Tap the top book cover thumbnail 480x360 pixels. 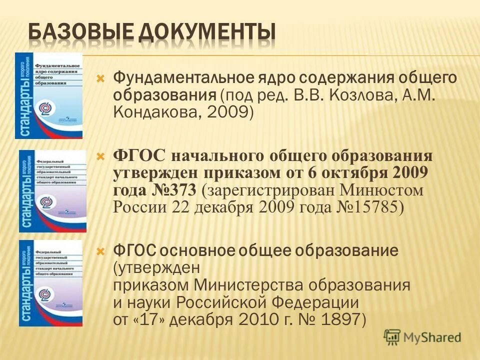click(x=48, y=95)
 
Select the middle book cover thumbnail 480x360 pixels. click(x=52, y=191)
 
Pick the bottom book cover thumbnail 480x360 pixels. click(x=50, y=283)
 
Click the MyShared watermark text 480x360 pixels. click(x=433, y=337)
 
